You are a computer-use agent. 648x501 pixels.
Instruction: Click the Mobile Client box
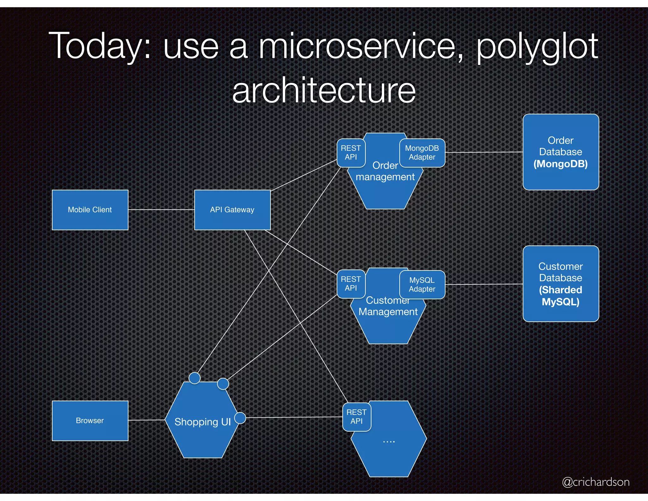(90, 210)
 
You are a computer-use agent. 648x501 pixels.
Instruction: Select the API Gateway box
(232, 210)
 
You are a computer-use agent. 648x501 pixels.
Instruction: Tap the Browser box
(90, 421)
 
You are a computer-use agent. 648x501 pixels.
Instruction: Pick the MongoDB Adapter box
(422, 153)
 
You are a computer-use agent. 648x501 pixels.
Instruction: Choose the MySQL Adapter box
(422, 284)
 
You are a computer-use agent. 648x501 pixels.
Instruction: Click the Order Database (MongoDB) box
(561, 152)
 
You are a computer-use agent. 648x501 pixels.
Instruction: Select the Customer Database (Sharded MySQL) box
(561, 284)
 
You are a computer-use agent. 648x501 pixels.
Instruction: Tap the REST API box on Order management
(351, 153)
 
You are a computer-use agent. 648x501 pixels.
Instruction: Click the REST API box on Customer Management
(351, 284)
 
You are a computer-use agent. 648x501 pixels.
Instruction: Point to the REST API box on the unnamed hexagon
(357, 417)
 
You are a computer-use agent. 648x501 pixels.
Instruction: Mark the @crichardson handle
(595, 482)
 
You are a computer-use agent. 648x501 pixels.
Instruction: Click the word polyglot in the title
(537, 47)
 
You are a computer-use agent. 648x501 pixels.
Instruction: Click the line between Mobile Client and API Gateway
(161, 210)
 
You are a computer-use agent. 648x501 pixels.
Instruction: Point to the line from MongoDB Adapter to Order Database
(484, 152)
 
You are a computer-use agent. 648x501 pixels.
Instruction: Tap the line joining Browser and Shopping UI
(146, 420)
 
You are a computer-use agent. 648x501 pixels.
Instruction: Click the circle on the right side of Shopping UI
(240, 418)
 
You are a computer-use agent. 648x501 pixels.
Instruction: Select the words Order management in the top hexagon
(385, 171)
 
